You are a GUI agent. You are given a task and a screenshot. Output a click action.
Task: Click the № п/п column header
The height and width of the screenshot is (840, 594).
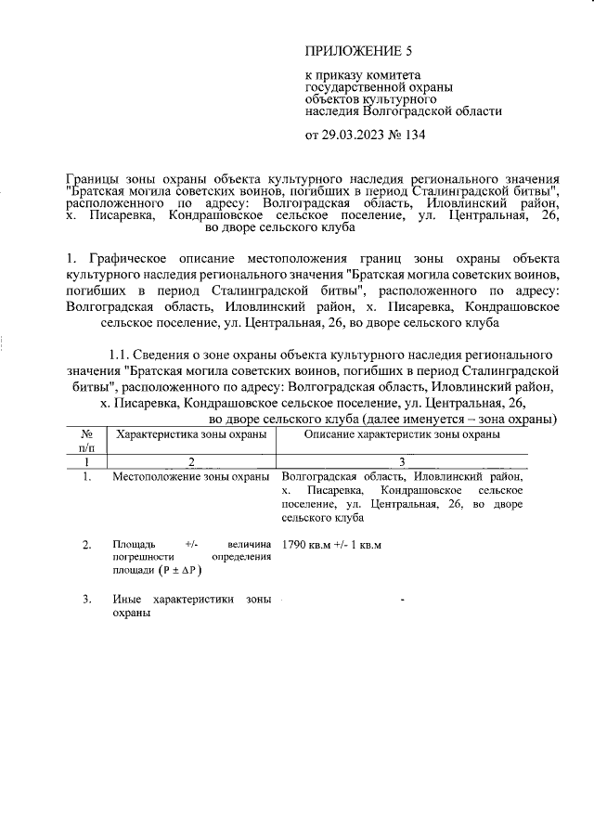[86, 441]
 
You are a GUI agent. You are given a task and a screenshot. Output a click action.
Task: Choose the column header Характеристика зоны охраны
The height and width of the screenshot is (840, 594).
[189, 433]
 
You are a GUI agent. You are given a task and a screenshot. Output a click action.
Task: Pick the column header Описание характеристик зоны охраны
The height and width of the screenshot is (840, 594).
[402, 433]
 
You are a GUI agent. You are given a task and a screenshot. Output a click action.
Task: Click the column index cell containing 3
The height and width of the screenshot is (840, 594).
[402, 461]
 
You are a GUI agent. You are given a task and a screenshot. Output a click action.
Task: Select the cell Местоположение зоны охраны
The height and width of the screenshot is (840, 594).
[190, 476]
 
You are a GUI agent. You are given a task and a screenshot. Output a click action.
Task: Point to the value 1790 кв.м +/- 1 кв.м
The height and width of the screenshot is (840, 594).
[331, 544]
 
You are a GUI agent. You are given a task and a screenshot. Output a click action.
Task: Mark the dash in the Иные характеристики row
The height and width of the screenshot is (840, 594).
[402, 601]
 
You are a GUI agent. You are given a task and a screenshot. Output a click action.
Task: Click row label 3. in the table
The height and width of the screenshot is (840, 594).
[86, 600]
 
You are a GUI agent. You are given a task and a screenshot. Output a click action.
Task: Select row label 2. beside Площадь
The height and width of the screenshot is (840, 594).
[86, 544]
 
